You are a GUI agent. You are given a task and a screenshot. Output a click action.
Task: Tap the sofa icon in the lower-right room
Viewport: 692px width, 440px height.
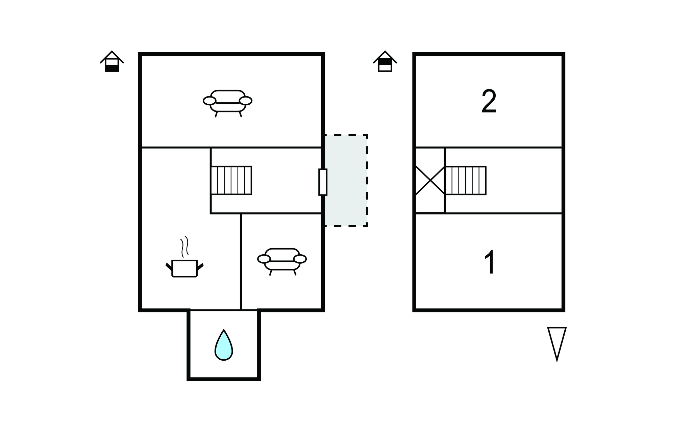282,260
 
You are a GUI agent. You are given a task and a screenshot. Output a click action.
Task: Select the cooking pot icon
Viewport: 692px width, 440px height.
184,268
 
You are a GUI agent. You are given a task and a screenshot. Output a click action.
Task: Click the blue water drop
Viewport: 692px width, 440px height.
224,346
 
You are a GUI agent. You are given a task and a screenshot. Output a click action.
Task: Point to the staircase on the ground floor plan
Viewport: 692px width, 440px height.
231,180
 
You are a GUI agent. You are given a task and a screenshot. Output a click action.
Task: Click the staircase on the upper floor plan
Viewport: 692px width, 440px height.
466,180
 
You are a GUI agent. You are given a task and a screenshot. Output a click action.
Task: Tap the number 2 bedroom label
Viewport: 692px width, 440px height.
489,101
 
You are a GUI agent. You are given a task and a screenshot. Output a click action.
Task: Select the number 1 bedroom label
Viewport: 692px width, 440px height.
490,262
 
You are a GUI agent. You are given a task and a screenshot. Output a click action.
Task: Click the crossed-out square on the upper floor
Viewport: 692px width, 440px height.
430,180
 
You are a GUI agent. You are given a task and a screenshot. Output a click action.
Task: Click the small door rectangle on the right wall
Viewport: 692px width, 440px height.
323,182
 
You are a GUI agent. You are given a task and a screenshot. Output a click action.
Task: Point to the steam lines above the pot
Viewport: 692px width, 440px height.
184,247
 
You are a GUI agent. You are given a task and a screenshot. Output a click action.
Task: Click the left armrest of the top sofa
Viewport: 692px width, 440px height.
209,101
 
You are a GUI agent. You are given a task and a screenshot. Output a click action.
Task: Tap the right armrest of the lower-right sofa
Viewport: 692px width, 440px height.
300,259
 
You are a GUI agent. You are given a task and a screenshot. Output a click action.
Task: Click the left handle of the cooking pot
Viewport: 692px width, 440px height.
169,266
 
